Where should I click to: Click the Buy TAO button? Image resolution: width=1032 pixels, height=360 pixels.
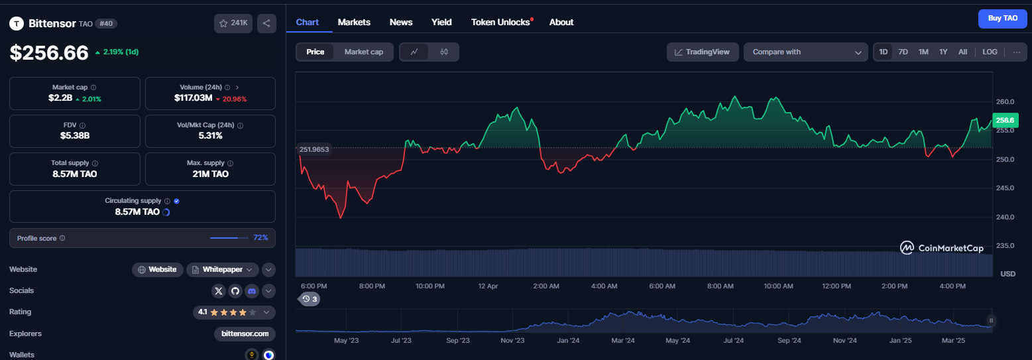pyautogui.click(x=1003, y=19)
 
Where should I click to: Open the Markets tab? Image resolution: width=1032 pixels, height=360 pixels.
pyautogui.click(x=354, y=22)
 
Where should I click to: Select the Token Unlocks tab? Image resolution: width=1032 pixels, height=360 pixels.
pyautogui.click(x=500, y=22)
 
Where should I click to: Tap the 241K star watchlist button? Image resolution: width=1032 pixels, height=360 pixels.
pyautogui.click(x=233, y=23)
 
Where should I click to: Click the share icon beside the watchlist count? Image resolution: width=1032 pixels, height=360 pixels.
pyautogui.click(x=266, y=23)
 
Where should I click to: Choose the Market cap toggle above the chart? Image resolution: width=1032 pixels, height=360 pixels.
pyautogui.click(x=363, y=52)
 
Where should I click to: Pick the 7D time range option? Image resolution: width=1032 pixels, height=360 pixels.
pyautogui.click(x=903, y=52)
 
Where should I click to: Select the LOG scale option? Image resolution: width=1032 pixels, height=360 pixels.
pyautogui.click(x=990, y=52)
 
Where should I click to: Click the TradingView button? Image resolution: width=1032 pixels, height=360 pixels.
pyautogui.click(x=703, y=52)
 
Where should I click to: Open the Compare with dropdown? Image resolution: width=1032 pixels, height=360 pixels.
pyautogui.click(x=806, y=52)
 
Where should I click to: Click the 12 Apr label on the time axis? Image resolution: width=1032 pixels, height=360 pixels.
pyautogui.click(x=488, y=286)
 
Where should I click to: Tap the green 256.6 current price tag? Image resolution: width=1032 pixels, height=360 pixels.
pyautogui.click(x=1005, y=120)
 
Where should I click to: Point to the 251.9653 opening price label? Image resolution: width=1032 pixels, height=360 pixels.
pyautogui.click(x=314, y=149)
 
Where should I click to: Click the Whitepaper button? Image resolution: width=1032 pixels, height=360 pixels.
pyautogui.click(x=223, y=270)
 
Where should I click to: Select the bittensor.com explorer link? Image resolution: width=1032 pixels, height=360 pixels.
pyautogui.click(x=245, y=333)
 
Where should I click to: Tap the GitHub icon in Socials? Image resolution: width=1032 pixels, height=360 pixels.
pyautogui.click(x=235, y=291)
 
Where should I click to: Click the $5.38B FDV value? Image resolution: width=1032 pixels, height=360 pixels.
pyautogui.click(x=75, y=135)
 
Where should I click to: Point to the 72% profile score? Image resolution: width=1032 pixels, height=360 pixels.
pyautogui.click(x=260, y=237)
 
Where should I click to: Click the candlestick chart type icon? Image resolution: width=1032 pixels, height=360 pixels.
pyautogui.click(x=443, y=52)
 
